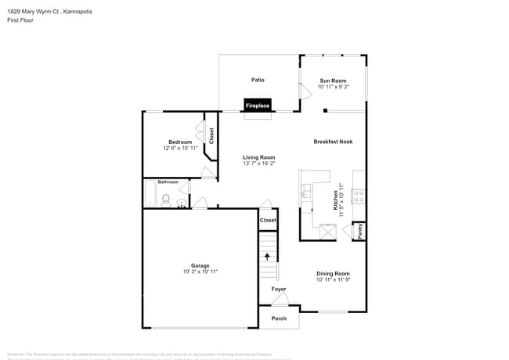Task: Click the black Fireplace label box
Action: tap(258, 105)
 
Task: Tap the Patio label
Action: tap(258, 80)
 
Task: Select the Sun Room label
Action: tap(333, 81)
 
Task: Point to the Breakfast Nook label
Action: tap(333, 142)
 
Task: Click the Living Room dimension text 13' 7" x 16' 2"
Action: tap(258, 164)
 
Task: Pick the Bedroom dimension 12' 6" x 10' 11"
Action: tap(180, 148)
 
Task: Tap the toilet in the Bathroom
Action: tap(165, 202)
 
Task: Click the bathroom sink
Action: tap(182, 204)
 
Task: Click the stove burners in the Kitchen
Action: tap(359, 196)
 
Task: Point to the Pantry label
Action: tap(359, 232)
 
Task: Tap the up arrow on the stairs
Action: tap(268, 256)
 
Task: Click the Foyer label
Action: tap(279, 289)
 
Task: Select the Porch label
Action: tap(279, 319)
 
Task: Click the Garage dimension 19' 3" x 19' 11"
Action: tap(200, 272)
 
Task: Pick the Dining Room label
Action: tap(333, 273)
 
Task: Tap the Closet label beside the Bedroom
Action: tap(211, 135)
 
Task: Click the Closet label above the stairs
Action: tap(268, 221)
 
